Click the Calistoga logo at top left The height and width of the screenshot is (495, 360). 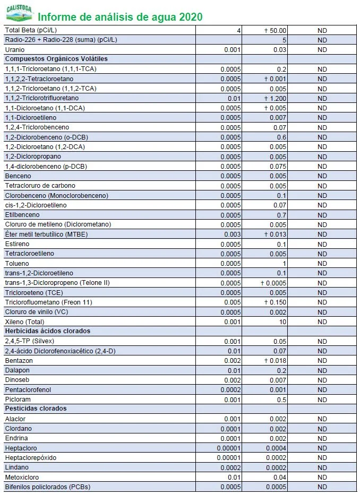18,13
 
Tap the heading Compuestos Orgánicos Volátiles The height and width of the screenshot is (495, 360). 56,59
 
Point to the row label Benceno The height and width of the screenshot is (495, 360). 18,176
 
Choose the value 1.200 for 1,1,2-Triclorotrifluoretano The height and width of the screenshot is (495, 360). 278,98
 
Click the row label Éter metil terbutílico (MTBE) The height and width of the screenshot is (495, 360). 46,234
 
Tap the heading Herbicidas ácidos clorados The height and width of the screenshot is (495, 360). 47,331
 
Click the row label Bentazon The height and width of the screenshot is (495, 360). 19,360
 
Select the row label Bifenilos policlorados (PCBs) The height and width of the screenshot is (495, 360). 47,487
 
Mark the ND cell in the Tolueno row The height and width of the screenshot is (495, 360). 322,263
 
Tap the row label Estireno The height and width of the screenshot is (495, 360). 18,244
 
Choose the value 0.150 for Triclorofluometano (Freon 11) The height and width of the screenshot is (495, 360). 278,302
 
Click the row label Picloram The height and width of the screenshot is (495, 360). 18,399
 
